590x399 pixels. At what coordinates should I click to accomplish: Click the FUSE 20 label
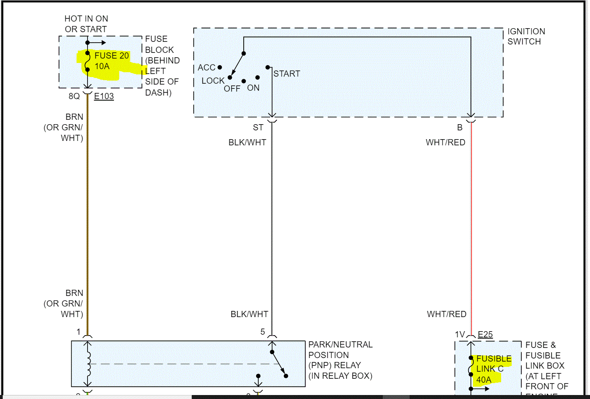[x=111, y=55]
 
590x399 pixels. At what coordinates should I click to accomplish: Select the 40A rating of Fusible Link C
[x=484, y=379]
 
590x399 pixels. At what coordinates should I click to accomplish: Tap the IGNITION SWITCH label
[x=526, y=37]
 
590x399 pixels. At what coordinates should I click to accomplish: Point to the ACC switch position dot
[x=220, y=67]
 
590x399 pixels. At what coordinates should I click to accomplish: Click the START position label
[x=287, y=74]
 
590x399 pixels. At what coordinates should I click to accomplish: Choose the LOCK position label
[x=213, y=81]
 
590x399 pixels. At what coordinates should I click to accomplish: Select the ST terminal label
[x=258, y=127]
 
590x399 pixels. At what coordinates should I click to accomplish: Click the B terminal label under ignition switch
[x=460, y=127]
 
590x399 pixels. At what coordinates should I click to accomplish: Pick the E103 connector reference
[x=104, y=96]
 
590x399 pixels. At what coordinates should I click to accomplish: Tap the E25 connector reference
[x=485, y=334]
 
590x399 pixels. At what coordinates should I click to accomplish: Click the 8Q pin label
[x=74, y=96]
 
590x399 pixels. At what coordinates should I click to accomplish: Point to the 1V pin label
[x=460, y=334]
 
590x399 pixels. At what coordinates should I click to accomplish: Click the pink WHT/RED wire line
[x=471, y=220]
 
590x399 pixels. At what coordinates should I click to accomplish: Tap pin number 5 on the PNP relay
[x=263, y=332]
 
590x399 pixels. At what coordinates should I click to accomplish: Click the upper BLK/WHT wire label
[x=247, y=142]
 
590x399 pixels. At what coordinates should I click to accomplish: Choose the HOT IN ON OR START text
[x=86, y=24]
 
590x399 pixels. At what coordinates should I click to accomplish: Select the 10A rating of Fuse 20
[x=102, y=66]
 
